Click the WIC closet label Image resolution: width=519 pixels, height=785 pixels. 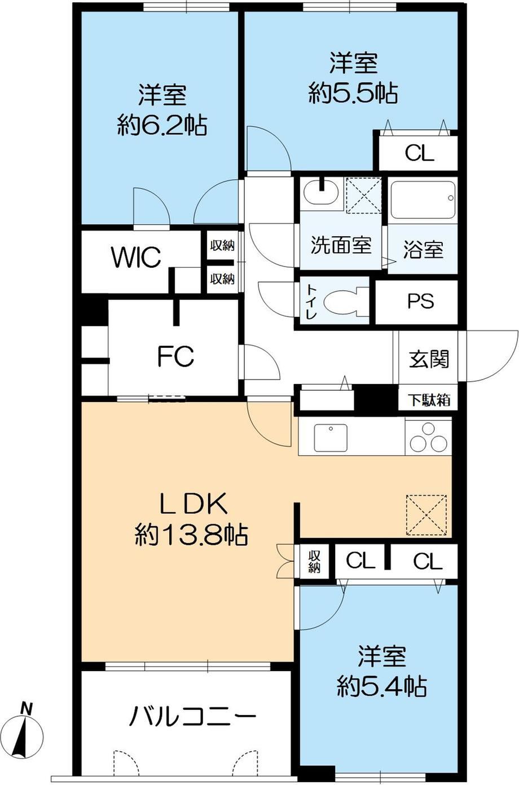136,257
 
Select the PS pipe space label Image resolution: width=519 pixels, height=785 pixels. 421,301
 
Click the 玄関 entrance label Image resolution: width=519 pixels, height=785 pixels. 429,359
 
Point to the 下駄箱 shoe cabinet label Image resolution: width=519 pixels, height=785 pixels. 429,400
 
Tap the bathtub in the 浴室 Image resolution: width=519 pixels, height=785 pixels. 423,200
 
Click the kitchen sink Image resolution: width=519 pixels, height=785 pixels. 331,438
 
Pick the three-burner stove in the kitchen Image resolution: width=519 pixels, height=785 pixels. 428,437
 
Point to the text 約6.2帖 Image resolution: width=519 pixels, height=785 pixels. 162,125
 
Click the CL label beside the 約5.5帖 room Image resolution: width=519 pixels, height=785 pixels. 419,153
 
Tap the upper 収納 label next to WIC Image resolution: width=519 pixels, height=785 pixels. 222,246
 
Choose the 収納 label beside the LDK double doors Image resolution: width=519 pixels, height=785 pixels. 314,562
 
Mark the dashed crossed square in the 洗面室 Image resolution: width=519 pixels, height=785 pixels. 364,195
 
